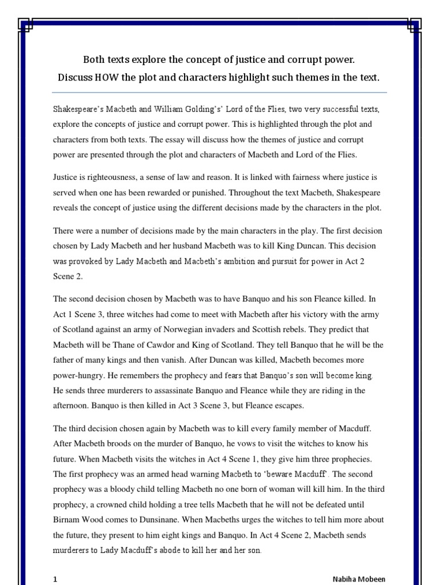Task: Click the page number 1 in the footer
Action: pyautogui.click(x=55, y=579)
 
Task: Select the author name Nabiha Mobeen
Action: pyautogui.click(x=359, y=579)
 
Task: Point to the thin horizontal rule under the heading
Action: pyautogui.click(x=219, y=92)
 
